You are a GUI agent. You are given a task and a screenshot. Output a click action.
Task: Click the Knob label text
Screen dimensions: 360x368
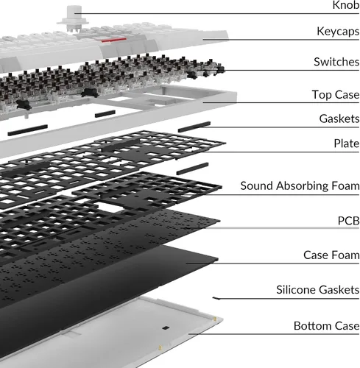pyautogui.click(x=346, y=5)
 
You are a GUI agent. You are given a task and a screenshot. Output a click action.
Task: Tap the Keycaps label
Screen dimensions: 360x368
pyautogui.click(x=338, y=32)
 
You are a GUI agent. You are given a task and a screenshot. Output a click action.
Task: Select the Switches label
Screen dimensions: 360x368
pyautogui.click(x=336, y=62)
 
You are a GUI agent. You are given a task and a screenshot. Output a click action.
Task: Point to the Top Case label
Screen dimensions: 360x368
pyautogui.click(x=336, y=95)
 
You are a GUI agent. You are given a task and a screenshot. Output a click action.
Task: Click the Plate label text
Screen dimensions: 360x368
pyautogui.click(x=347, y=144)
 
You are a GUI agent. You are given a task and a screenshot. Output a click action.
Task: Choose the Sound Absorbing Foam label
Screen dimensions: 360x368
pyautogui.click(x=300, y=185)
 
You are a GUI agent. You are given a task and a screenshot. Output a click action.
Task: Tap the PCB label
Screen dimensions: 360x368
pyautogui.click(x=348, y=221)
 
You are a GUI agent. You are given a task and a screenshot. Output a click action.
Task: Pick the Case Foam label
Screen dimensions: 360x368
pyautogui.click(x=331, y=255)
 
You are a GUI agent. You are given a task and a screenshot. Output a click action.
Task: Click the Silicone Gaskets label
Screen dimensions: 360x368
pyautogui.click(x=318, y=290)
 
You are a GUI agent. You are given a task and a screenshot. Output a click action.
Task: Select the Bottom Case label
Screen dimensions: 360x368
pyautogui.click(x=327, y=326)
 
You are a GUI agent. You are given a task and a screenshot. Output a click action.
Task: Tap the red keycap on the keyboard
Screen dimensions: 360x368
pyautogui.click(x=113, y=40)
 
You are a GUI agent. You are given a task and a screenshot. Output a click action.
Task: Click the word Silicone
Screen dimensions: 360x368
pyautogui.click(x=297, y=290)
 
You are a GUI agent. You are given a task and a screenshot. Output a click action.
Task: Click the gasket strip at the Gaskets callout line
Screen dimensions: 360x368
pyautogui.click(x=194, y=127)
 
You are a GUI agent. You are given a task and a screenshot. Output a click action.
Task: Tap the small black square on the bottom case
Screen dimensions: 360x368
pyautogui.click(x=166, y=328)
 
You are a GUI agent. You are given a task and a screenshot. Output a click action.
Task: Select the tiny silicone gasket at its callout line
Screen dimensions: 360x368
pyautogui.click(x=216, y=298)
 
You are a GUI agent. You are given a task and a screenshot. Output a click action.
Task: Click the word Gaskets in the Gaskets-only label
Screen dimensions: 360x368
pyautogui.click(x=339, y=118)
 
